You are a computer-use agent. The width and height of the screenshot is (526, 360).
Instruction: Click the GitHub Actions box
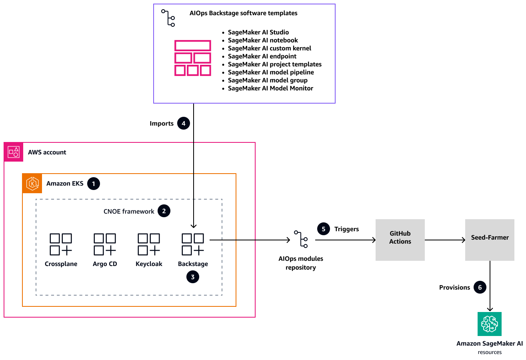[x=400, y=240]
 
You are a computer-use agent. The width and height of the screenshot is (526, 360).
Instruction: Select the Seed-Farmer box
[x=490, y=240]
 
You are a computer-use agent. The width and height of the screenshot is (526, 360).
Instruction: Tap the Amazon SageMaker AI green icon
[x=489, y=324]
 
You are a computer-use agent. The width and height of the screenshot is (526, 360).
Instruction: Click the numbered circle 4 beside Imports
[x=184, y=124]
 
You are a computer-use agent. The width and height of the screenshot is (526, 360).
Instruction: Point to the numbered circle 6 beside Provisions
[x=480, y=287]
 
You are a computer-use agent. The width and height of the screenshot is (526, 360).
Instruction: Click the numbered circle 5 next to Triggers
[x=324, y=229]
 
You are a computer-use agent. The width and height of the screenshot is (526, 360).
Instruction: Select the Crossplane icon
[x=61, y=244]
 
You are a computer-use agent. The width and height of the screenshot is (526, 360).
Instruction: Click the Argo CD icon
[x=105, y=244]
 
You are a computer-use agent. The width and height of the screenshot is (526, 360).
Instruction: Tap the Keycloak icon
[x=149, y=244]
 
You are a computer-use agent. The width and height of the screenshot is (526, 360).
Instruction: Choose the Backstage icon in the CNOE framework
[x=193, y=244]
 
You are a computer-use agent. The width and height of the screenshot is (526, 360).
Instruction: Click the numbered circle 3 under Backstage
[x=193, y=276]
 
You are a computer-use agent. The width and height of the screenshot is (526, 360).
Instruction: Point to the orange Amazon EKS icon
[x=32, y=184]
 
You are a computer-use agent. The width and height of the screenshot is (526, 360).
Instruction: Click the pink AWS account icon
[x=14, y=152]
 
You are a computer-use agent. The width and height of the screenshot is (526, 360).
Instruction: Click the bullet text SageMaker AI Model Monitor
[x=270, y=88]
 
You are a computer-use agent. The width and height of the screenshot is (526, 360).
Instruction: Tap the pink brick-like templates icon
[x=193, y=58]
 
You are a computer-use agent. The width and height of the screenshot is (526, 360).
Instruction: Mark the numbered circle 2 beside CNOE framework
[x=164, y=211]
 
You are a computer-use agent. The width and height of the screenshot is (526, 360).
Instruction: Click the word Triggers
[x=346, y=229]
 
